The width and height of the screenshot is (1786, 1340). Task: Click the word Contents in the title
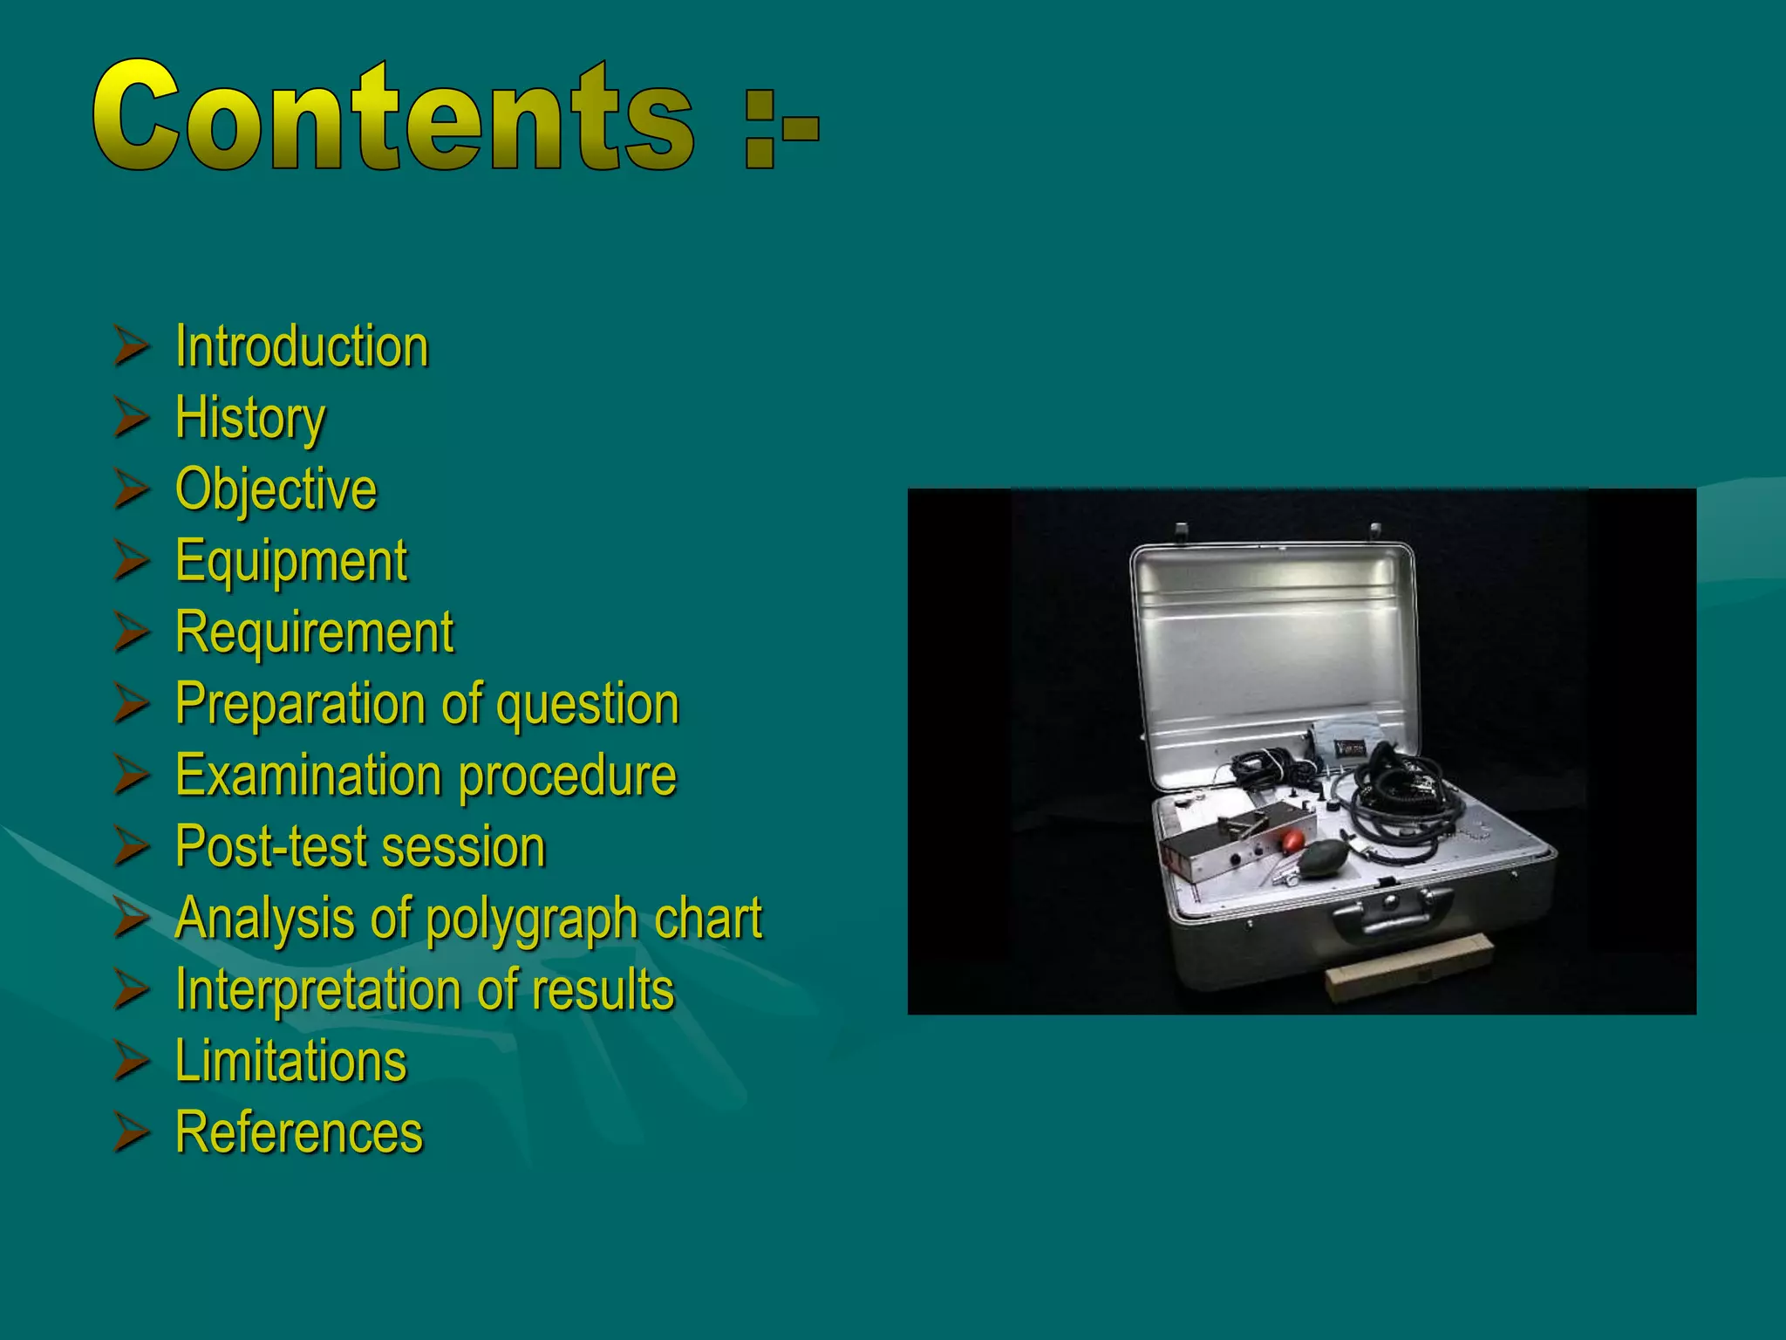pos(392,116)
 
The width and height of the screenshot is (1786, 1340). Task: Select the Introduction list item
pos(302,346)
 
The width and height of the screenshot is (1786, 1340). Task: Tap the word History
pos(250,418)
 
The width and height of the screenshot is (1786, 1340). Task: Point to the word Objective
pos(276,489)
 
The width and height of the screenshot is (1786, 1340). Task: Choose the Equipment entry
pos(290,561)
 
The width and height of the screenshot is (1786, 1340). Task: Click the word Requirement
pos(314,632)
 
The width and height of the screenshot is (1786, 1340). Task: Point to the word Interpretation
pos(318,990)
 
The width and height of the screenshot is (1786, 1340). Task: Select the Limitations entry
pos(290,1062)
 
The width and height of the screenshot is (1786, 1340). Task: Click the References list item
pos(298,1133)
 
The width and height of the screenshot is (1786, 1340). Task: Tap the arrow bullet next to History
pos(131,418)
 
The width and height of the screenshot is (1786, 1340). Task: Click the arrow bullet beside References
pos(131,1133)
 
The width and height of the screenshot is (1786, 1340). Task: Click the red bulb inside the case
pos(1292,843)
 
